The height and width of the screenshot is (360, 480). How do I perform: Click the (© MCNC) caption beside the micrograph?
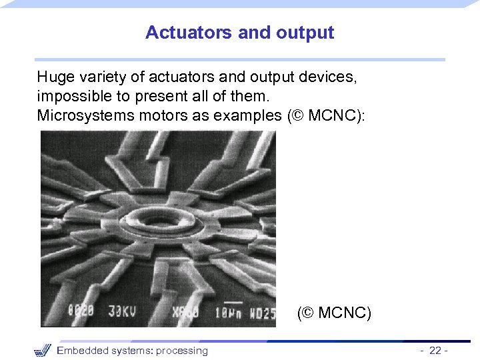(x=334, y=312)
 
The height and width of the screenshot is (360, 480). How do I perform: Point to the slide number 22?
(x=435, y=351)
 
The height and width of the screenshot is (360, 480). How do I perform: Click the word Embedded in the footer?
(x=83, y=351)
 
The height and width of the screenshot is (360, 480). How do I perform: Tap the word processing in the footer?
(x=181, y=351)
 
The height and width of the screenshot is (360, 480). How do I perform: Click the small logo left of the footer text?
(x=43, y=350)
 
